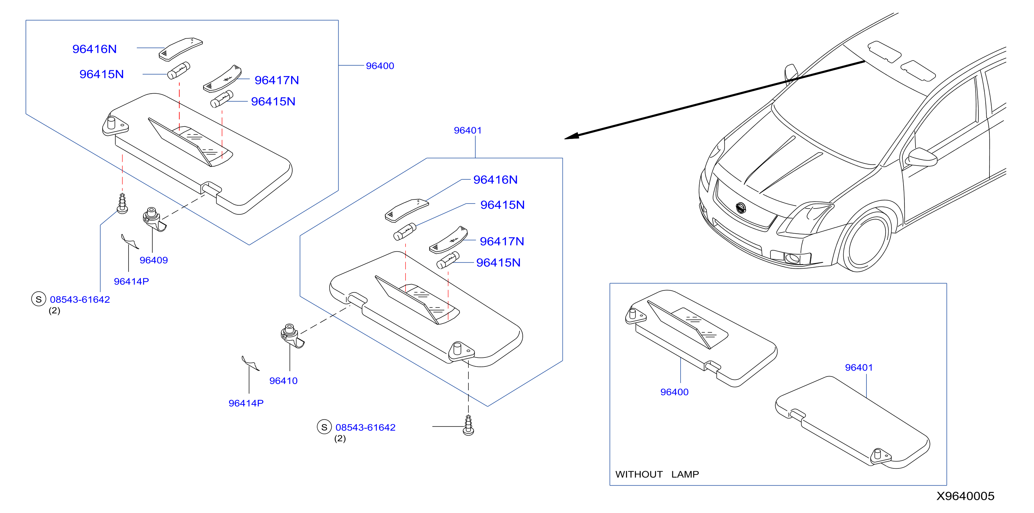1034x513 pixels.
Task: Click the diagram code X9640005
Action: (965, 496)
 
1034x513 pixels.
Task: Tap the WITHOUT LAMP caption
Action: (657, 474)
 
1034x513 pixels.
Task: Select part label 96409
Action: (153, 260)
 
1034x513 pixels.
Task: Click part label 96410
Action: (283, 381)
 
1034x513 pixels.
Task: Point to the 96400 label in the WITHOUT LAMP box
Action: (674, 392)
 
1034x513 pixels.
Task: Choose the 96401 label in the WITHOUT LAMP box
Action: (858, 367)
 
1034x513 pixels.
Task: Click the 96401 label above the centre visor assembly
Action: (468, 131)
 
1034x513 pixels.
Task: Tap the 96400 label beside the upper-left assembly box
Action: (380, 66)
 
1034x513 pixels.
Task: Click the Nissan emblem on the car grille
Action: (741, 208)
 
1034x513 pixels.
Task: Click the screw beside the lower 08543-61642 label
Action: (468, 426)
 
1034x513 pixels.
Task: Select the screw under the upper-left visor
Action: (122, 203)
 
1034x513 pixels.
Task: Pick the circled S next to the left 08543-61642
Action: (39, 299)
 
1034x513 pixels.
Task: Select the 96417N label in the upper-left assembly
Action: (277, 80)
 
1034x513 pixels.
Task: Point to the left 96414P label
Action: (131, 282)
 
